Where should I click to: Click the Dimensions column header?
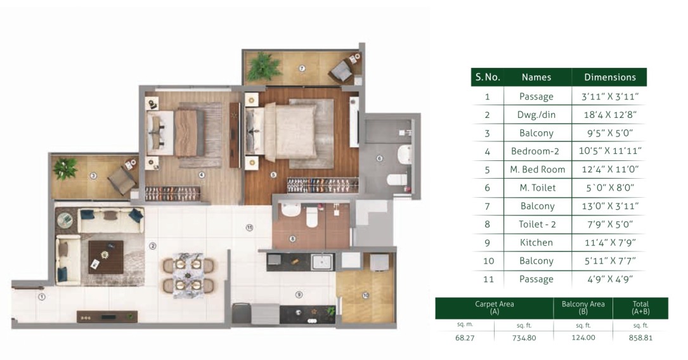[609, 77]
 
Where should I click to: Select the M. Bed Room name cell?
[537, 169]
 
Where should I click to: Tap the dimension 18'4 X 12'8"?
[609, 115]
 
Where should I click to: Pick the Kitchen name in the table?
[536, 243]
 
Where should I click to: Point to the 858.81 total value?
[640, 338]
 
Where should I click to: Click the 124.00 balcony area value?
[583, 338]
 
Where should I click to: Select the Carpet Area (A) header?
[494, 307]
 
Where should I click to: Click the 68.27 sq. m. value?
[465, 338]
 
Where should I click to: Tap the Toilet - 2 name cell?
[537, 224]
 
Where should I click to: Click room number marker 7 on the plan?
[301, 68]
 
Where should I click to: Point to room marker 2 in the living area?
[153, 246]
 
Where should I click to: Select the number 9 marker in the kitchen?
[299, 295]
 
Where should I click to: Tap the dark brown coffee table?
[106, 257]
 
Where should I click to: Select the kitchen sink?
[322, 262]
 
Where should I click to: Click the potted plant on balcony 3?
[65, 169]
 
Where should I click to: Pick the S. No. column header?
[488, 77]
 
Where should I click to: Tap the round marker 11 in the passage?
[249, 228]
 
